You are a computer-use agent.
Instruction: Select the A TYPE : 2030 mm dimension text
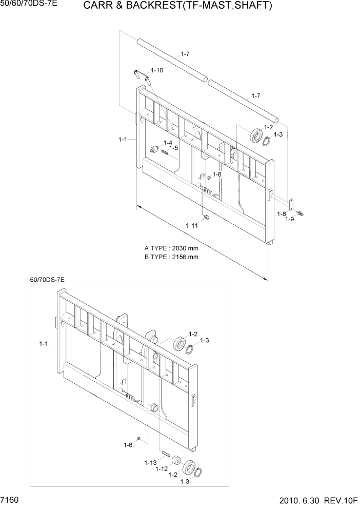(x=171, y=248)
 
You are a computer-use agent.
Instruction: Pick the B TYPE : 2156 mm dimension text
(x=171, y=257)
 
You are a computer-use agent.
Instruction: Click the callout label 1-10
(x=156, y=70)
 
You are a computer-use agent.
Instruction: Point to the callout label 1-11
(x=192, y=225)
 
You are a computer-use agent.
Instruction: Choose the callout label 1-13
(x=150, y=462)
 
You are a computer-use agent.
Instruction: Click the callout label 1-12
(x=163, y=469)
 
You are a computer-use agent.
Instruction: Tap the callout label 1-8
(x=282, y=213)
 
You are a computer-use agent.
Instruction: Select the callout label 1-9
(x=289, y=220)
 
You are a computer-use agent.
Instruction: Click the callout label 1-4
(x=168, y=143)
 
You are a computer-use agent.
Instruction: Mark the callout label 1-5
(x=173, y=148)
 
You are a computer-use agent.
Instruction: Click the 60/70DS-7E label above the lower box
(x=47, y=280)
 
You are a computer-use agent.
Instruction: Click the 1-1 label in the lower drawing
(x=44, y=344)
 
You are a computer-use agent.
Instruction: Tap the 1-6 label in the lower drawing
(x=128, y=445)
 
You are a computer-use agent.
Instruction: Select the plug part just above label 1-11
(x=207, y=218)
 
